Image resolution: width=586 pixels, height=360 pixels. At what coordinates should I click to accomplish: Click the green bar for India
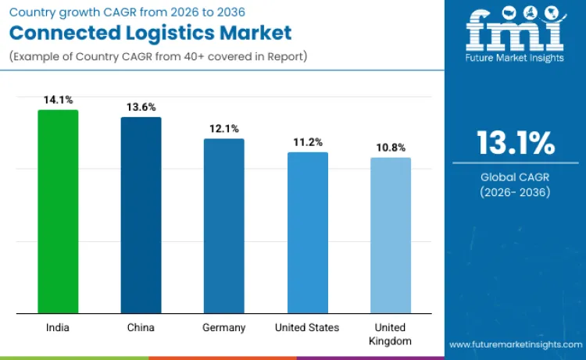click(x=58, y=212)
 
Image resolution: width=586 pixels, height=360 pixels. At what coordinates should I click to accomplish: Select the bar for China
click(x=141, y=216)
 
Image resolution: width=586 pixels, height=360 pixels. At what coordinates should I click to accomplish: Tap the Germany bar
click(x=223, y=226)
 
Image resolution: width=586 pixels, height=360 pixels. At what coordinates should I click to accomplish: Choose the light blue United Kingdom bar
click(x=390, y=236)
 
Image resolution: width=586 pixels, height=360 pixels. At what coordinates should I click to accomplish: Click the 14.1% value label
click(x=58, y=100)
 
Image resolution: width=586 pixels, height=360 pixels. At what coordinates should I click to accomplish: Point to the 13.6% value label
click(x=141, y=107)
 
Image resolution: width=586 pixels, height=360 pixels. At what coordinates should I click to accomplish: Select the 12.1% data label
click(x=223, y=128)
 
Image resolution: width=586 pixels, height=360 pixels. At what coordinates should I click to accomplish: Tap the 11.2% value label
click(x=307, y=141)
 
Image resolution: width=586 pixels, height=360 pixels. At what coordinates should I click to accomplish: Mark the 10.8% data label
click(x=390, y=147)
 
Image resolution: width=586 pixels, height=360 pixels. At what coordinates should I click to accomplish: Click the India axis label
click(x=58, y=328)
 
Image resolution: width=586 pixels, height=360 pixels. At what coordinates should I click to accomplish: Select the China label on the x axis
click(x=141, y=328)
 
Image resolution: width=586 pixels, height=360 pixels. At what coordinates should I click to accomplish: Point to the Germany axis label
click(x=223, y=328)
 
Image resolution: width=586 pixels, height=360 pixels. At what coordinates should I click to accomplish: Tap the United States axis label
click(x=307, y=328)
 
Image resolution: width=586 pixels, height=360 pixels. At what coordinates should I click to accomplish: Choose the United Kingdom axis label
click(x=390, y=334)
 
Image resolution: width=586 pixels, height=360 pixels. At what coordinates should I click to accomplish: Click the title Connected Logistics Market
click(x=150, y=33)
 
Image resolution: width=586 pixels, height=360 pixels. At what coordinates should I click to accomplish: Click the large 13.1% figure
click(x=516, y=144)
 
